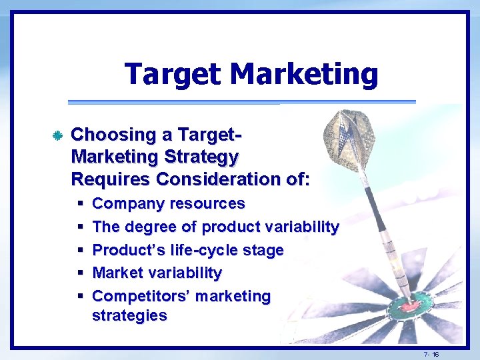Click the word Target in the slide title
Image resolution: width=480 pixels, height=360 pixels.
pyautogui.click(x=171, y=74)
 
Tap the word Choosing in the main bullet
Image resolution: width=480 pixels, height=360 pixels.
pyautogui.click(x=113, y=135)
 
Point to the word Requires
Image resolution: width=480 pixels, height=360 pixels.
pyautogui.click(x=111, y=180)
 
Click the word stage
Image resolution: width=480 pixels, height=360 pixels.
pyautogui.click(x=265, y=251)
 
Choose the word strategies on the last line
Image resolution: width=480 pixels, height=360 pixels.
pyautogui.click(x=129, y=316)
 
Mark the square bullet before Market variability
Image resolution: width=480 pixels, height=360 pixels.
pyautogui.click(x=79, y=273)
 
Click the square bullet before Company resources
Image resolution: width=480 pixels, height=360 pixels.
pyautogui.click(x=79, y=204)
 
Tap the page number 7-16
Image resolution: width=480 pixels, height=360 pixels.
pyautogui.click(x=431, y=354)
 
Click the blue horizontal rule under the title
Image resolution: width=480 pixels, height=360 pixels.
pyautogui.click(x=241, y=102)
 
